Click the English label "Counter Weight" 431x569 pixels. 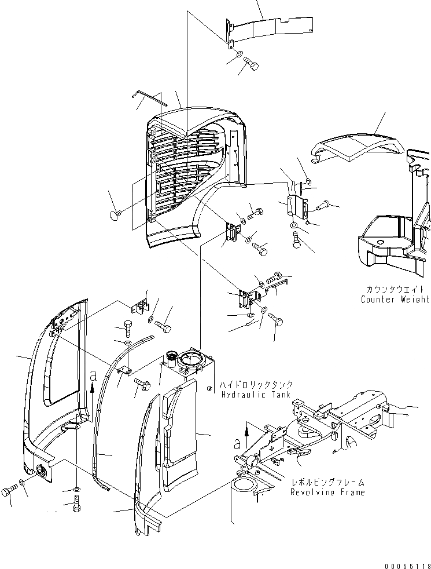[x=395, y=300]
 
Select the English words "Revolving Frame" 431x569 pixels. [x=327, y=492]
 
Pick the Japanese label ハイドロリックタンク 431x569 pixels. [x=257, y=385]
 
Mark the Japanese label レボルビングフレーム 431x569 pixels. [x=327, y=482]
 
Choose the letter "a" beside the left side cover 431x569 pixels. [x=93, y=375]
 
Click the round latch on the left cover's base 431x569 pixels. [x=41, y=471]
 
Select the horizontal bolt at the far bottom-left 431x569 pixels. [x=9, y=491]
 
